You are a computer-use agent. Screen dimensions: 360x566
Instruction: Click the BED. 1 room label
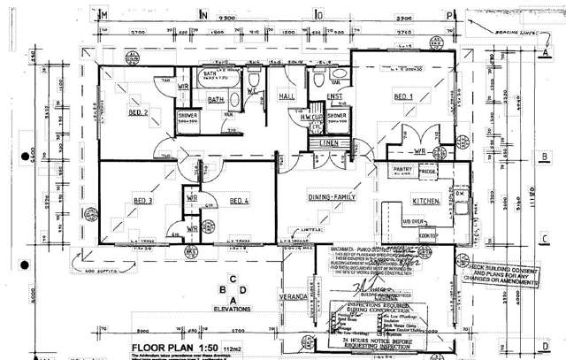[404, 96]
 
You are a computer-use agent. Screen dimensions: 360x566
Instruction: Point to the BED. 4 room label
[240, 201]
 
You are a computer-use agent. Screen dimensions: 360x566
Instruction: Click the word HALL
[286, 96]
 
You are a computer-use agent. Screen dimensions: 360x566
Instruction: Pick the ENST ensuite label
[335, 96]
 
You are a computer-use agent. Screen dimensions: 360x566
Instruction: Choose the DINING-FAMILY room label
[331, 196]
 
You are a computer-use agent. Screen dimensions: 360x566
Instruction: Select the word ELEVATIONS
[233, 309]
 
